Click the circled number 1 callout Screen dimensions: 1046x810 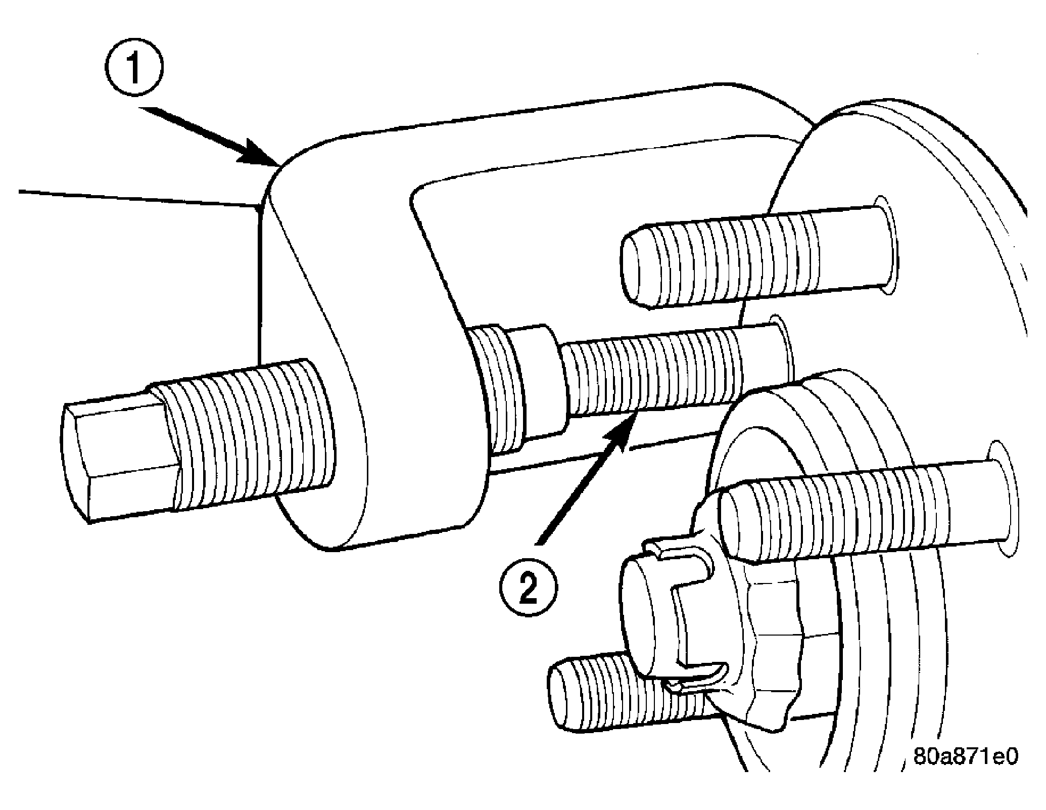[x=134, y=69]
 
